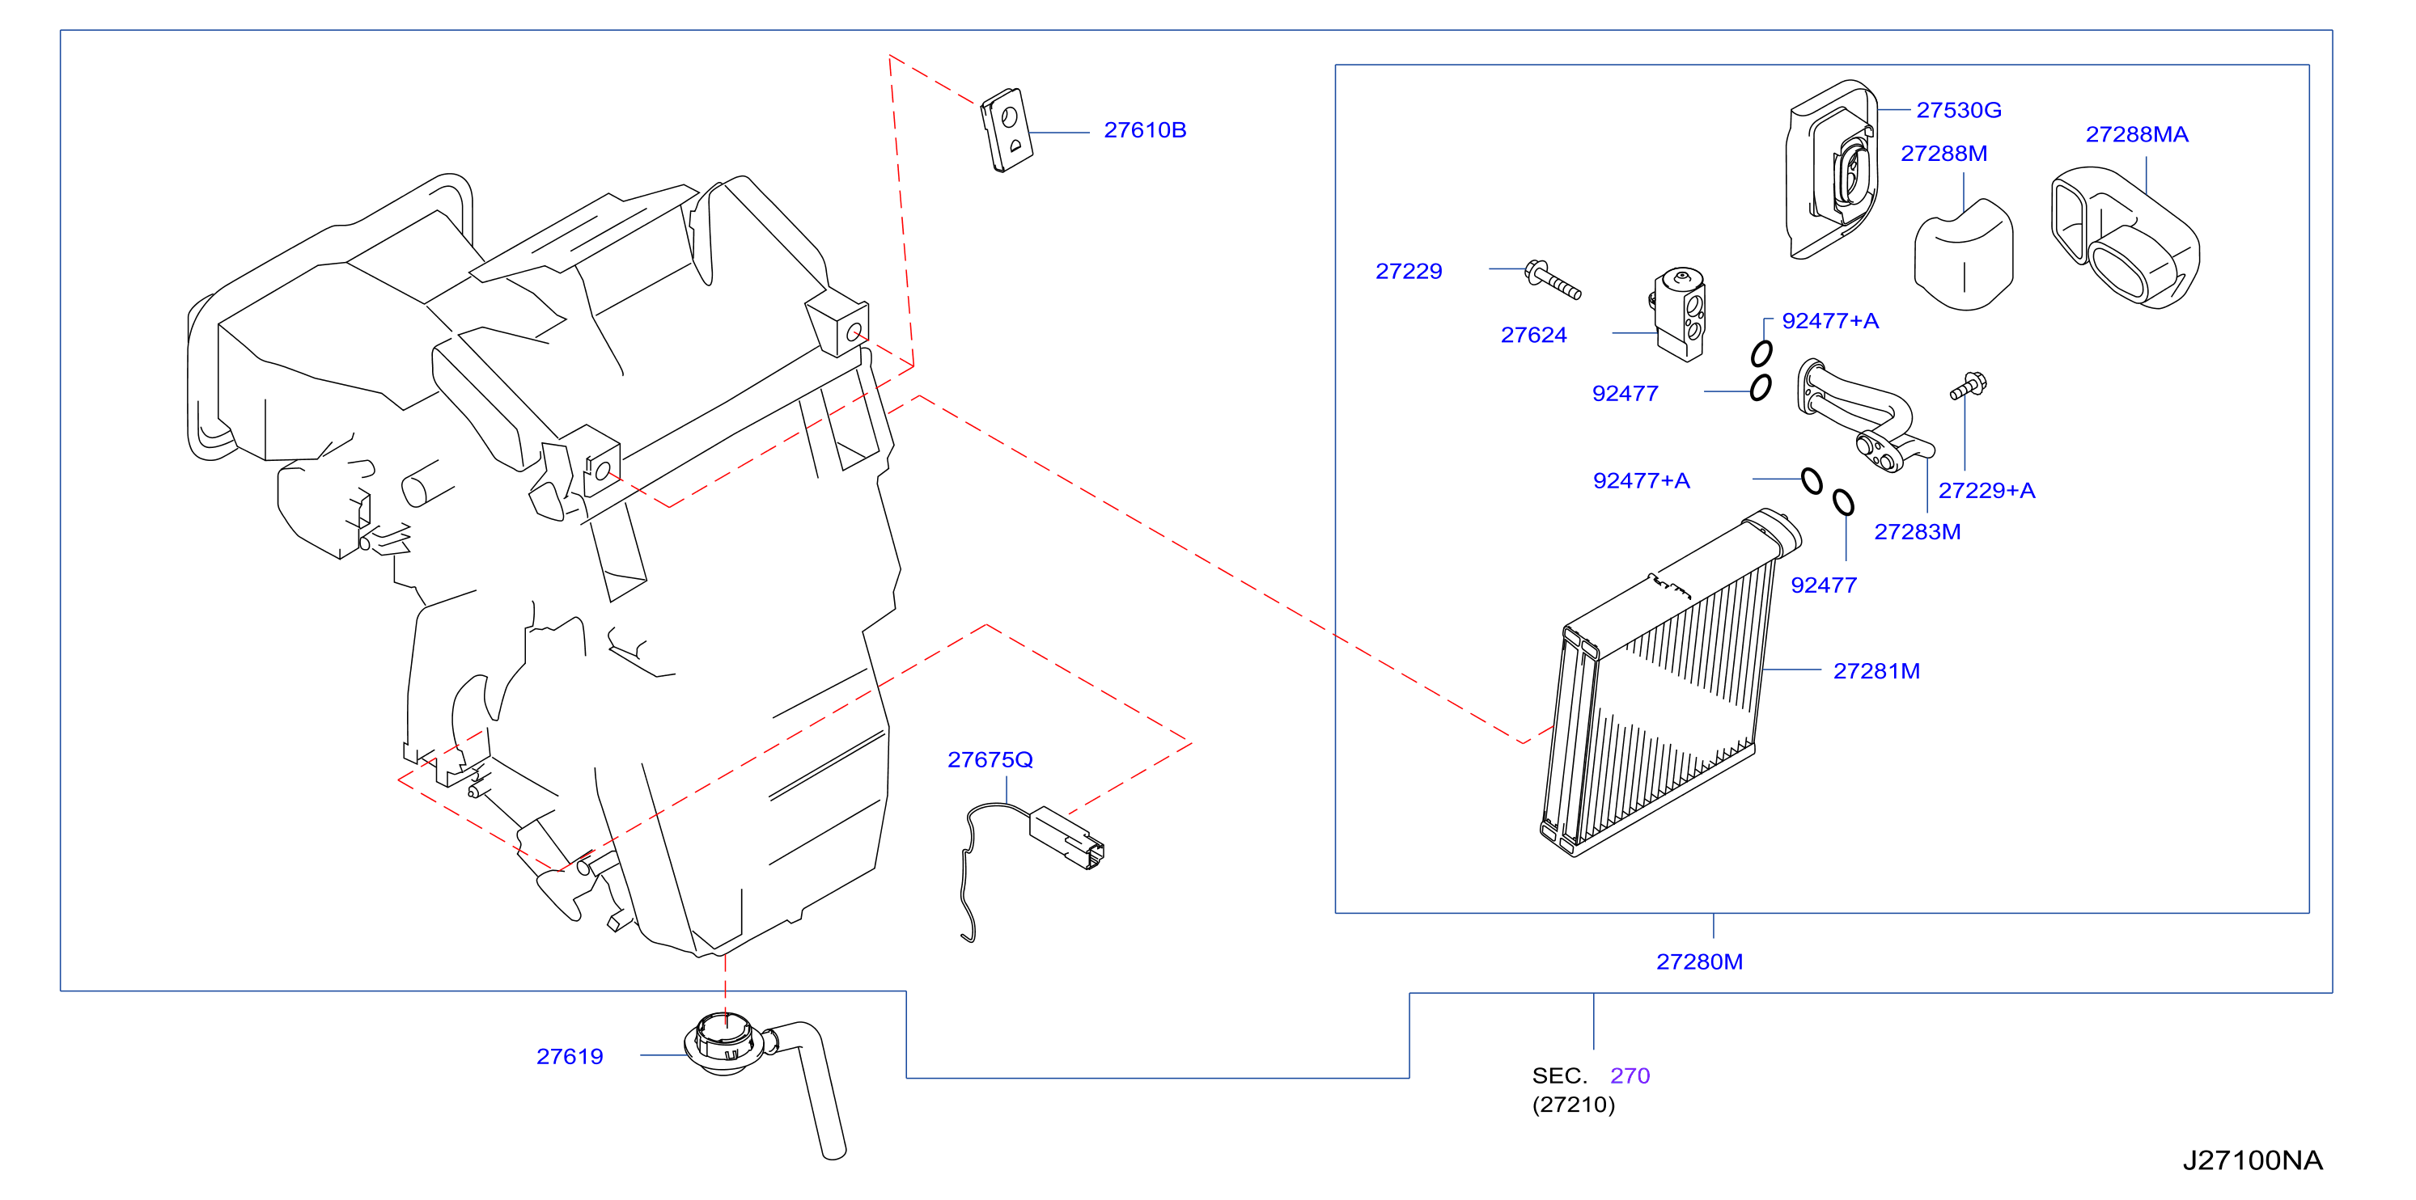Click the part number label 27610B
tap(1144, 130)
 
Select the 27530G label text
tap(1958, 111)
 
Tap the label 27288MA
tap(2137, 135)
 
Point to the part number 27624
tap(1533, 336)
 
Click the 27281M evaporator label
tap(1876, 671)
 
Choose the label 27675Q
tap(990, 760)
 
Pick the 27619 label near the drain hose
tap(570, 1057)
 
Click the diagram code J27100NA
tap(2252, 1160)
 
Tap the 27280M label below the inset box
tap(1698, 962)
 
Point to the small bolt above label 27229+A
tap(1969, 386)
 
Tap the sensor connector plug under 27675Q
tap(1067, 837)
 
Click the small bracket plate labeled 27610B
tap(1007, 130)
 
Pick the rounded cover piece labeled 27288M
tap(1963, 255)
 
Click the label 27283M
tap(1917, 533)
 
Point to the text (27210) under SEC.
tap(1573, 1105)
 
